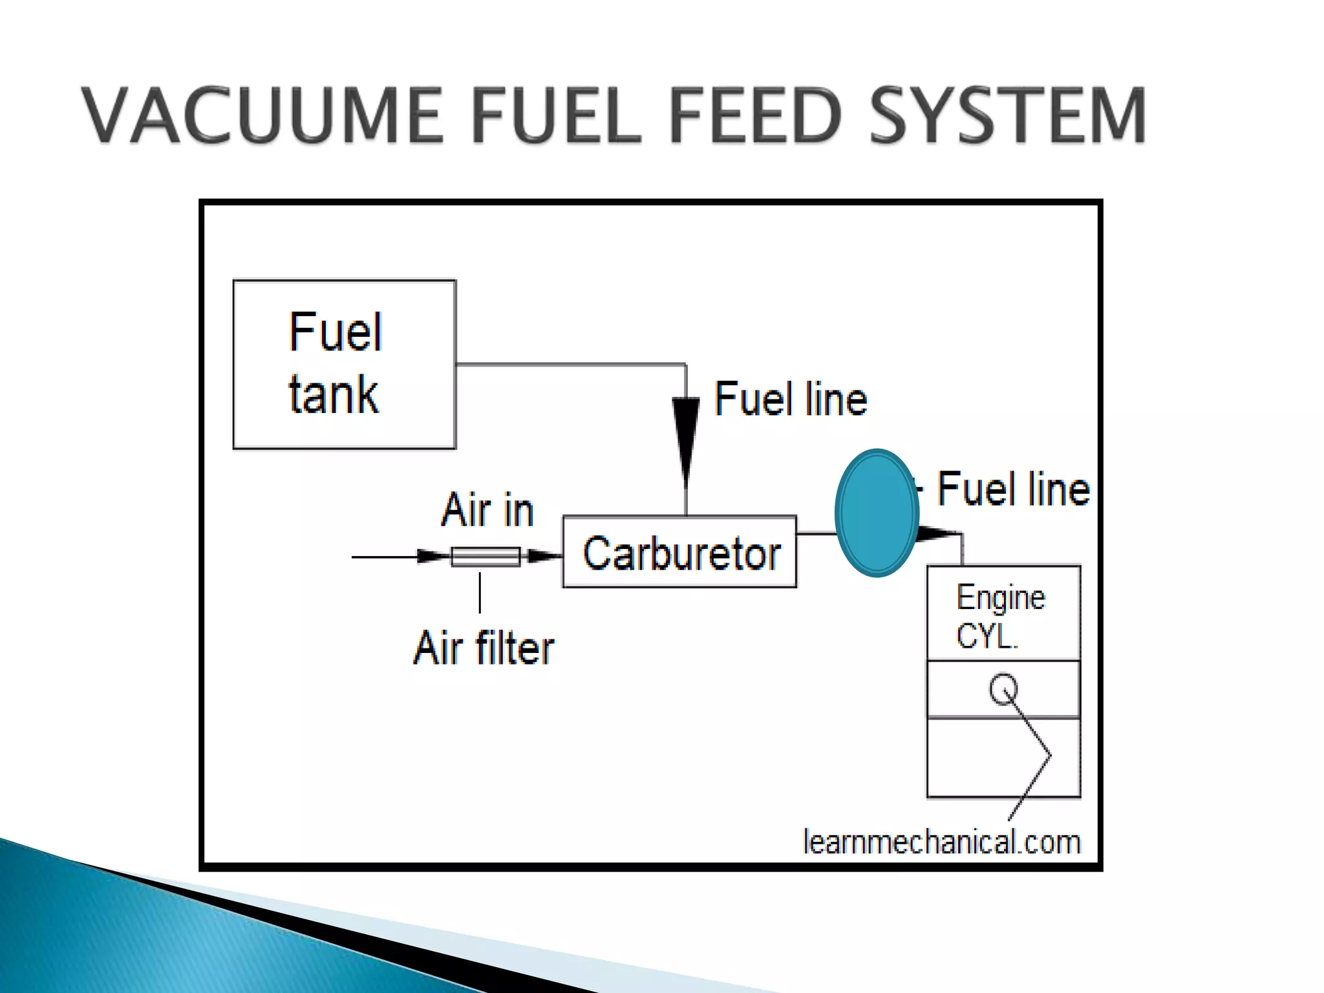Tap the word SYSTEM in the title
click(1007, 116)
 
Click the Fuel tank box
click(344, 364)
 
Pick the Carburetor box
click(679, 552)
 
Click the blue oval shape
click(877, 513)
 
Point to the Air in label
click(487, 510)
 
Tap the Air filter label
click(484, 648)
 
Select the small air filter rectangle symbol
click(486, 557)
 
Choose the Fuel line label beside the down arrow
click(791, 399)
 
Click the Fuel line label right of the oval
click(1013, 489)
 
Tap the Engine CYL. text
click(999, 616)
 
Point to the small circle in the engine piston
click(1003, 689)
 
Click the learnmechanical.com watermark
click(941, 842)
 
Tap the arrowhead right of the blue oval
click(937, 533)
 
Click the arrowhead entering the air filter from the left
click(433, 556)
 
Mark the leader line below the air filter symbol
click(480, 592)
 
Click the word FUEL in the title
click(555, 116)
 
